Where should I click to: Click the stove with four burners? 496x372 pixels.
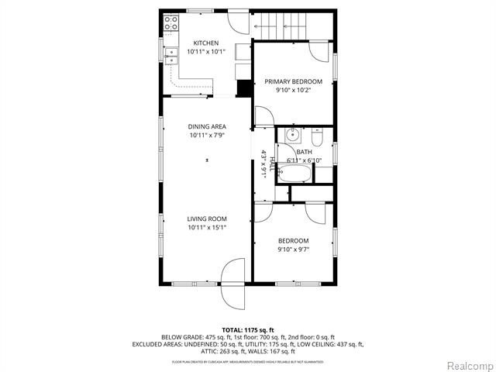click(x=169, y=25)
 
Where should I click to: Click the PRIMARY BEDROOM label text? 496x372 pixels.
click(x=294, y=81)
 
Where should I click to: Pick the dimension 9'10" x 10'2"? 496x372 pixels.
click(x=294, y=90)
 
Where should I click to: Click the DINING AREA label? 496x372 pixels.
click(x=206, y=126)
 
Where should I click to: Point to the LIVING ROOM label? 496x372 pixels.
click(x=206, y=219)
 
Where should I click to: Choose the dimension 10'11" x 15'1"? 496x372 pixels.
click(x=206, y=228)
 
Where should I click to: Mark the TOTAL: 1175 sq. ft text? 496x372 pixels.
click(x=248, y=330)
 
